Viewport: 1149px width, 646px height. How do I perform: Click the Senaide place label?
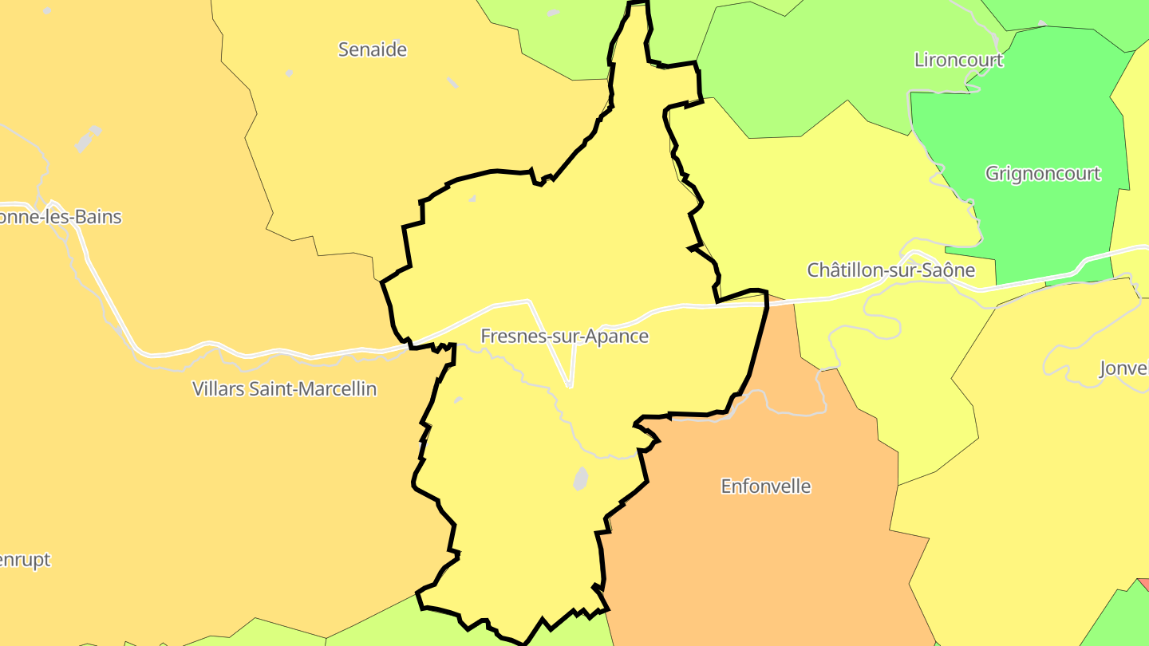click(373, 49)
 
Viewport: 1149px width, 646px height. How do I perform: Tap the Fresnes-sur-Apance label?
click(564, 337)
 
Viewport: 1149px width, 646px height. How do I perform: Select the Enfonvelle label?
click(765, 486)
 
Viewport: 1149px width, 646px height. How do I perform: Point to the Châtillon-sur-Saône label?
click(890, 270)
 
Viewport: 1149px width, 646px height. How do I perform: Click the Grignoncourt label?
click(1043, 173)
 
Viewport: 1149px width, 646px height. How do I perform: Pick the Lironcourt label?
click(958, 60)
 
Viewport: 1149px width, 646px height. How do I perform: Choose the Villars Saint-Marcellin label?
click(284, 388)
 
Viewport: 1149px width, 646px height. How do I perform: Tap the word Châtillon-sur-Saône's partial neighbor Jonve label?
click(1123, 368)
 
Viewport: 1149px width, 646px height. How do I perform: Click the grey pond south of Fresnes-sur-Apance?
click(580, 479)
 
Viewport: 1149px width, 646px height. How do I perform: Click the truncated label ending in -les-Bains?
click(61, 217)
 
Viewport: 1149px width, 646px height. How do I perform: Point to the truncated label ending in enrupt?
click(25, 560)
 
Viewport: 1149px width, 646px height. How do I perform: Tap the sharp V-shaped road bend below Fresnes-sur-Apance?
click(570, 386)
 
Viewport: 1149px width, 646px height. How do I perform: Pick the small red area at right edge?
click(1143, 584)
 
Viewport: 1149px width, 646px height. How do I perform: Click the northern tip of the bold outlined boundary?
click(637, 4)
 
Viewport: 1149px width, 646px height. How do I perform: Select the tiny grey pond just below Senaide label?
click(452, 82)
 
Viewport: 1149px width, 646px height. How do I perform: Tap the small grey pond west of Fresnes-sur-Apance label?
click(457, 400)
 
